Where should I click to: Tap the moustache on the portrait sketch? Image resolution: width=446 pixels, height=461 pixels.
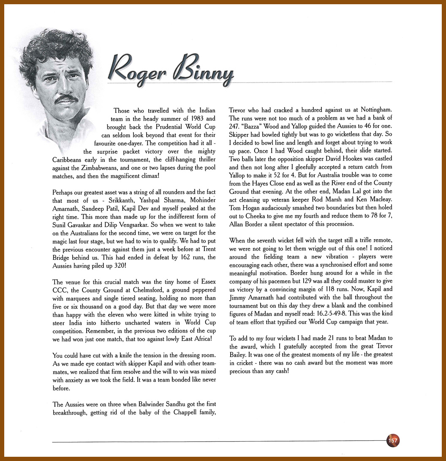point(67,98)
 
